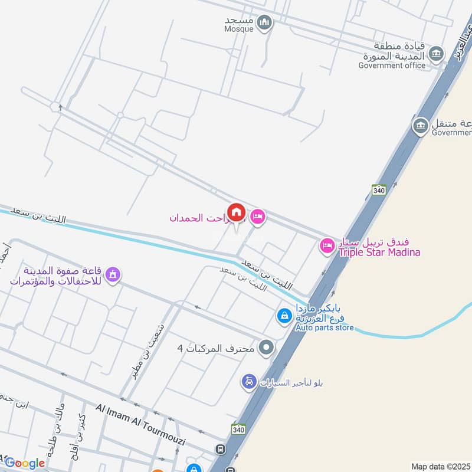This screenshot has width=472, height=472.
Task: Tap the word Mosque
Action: [239, 28]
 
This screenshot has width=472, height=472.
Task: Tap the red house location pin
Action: [237, 212]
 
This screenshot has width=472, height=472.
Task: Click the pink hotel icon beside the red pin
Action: [258, 218]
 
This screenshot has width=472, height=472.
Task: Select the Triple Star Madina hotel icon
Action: [327, 245]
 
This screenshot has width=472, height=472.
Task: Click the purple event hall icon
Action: [113, 274]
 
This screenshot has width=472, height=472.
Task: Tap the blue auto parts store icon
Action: [284, 316]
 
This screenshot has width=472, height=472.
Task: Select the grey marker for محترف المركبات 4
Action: [267, 348]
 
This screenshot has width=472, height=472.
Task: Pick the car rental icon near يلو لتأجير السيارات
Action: [248, 382]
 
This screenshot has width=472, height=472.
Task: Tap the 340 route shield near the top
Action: [378, 189]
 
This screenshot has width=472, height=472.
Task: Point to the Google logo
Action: [24, 463]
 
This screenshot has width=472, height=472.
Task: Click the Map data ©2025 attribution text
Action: [440, 466]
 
